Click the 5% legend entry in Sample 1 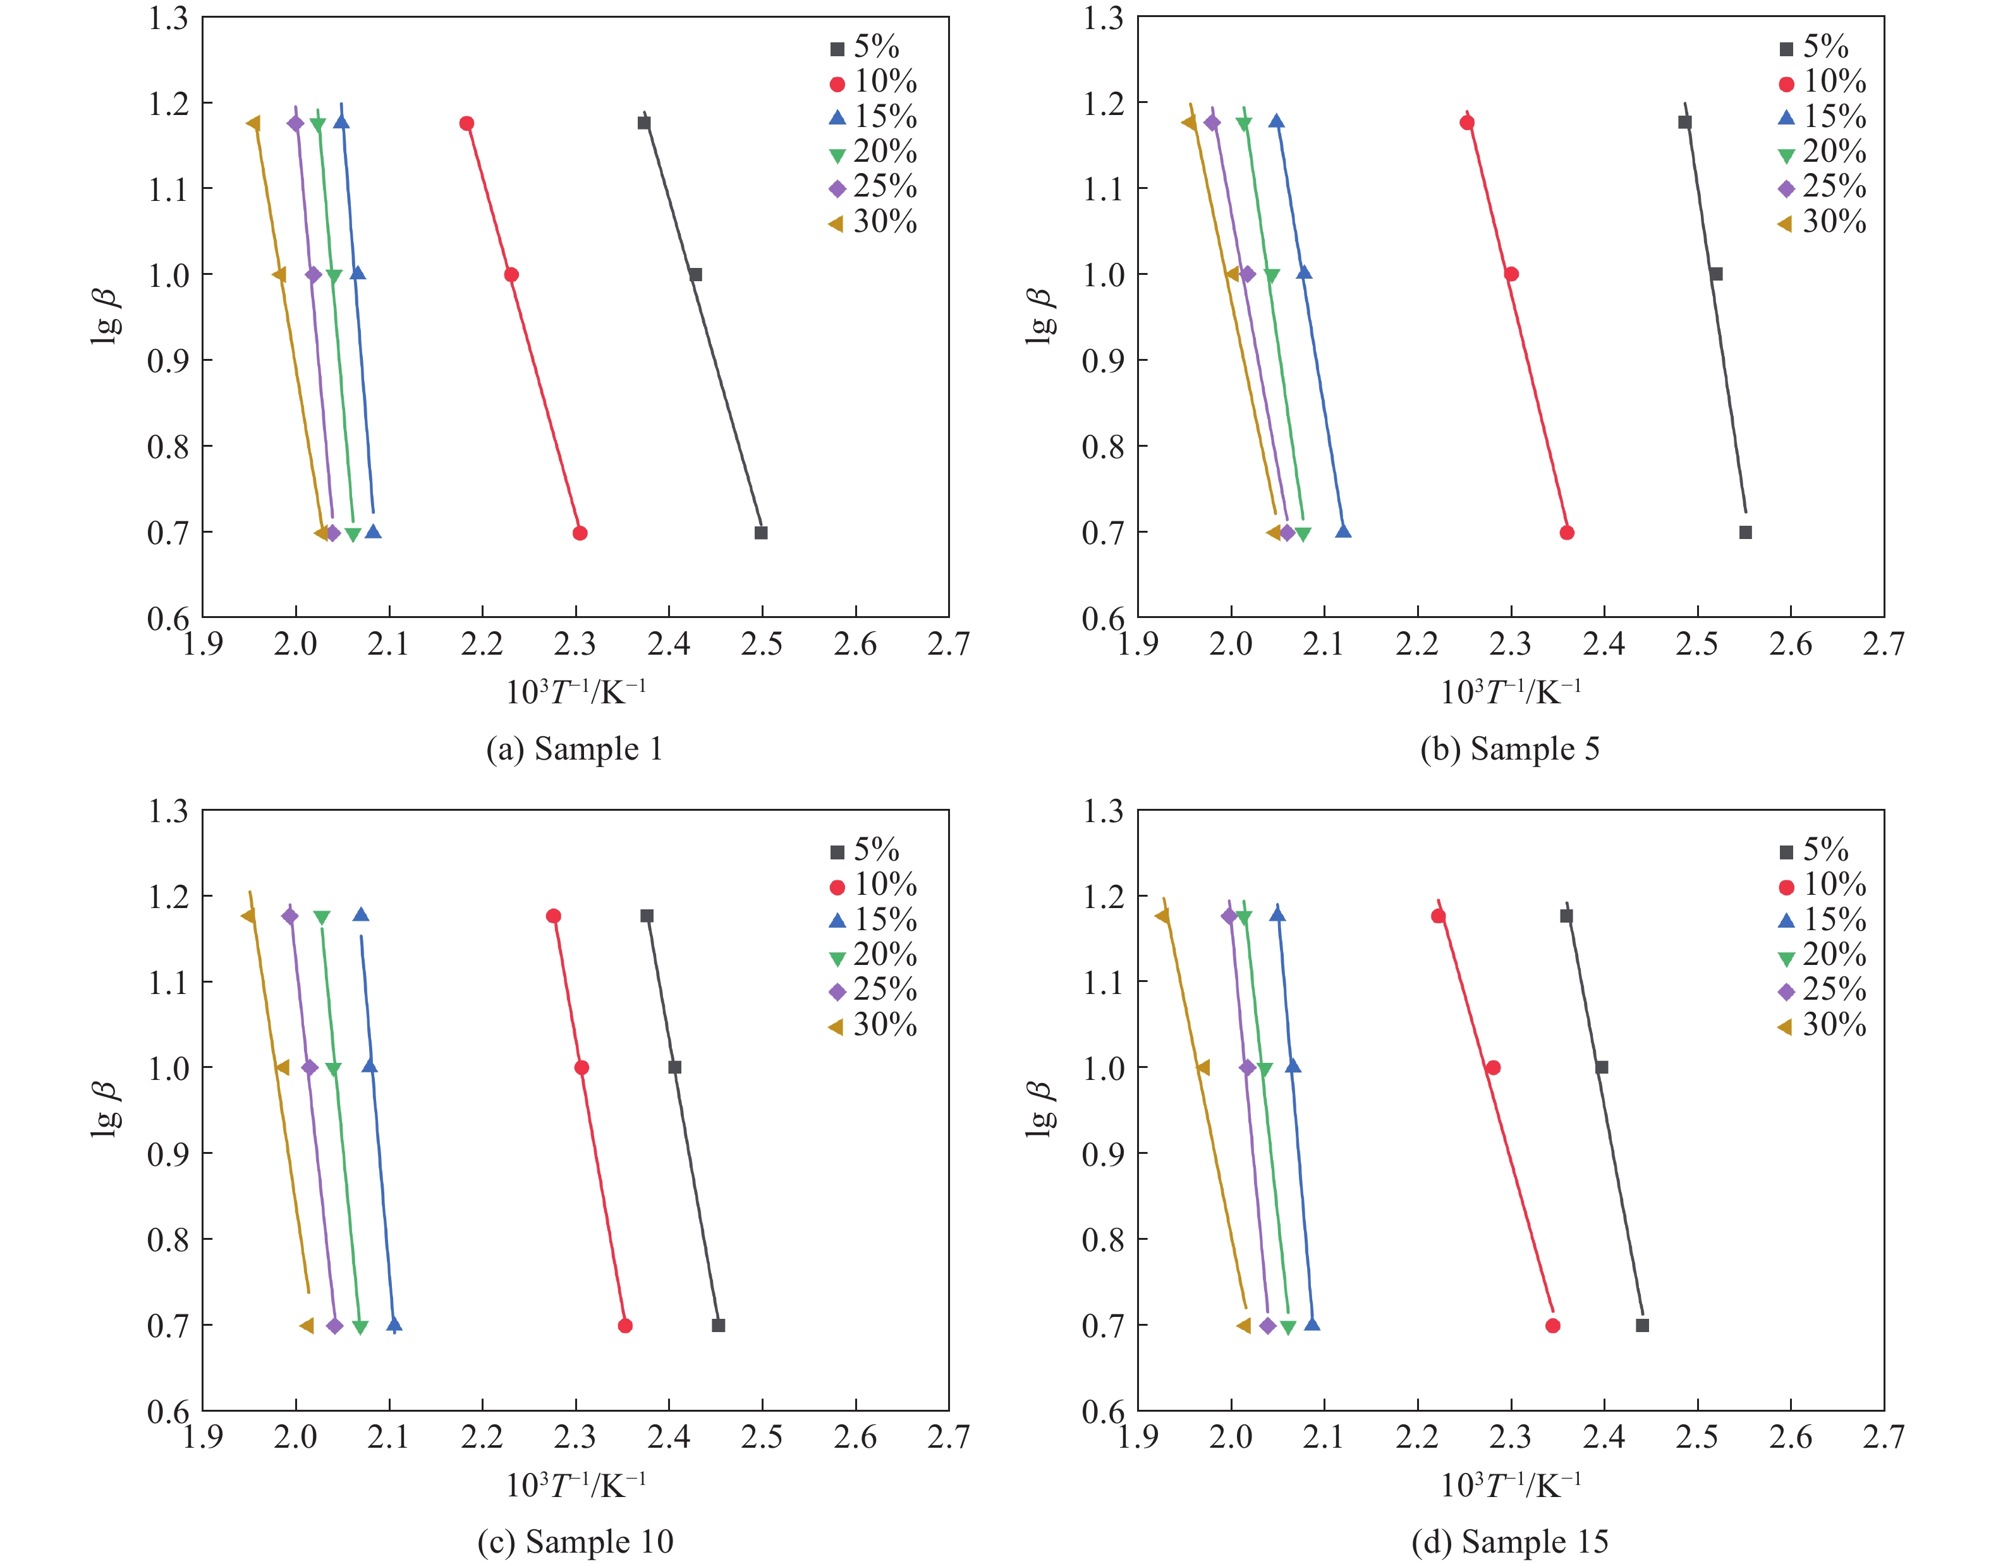865,47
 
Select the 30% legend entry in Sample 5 1822,222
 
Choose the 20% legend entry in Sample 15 1822,955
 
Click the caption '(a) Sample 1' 574,749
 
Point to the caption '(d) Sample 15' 1509,1542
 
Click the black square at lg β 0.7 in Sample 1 761,533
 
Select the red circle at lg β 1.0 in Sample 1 512,275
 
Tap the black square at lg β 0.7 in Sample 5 1746,533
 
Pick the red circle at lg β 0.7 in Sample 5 1567,533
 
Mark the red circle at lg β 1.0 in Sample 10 581,1068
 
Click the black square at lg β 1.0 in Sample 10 675,1068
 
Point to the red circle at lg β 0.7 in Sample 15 1552,1326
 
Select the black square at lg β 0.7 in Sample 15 1642,1326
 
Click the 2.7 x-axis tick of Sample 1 948,645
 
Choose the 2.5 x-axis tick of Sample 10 762,1438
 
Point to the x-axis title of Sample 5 1510,692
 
